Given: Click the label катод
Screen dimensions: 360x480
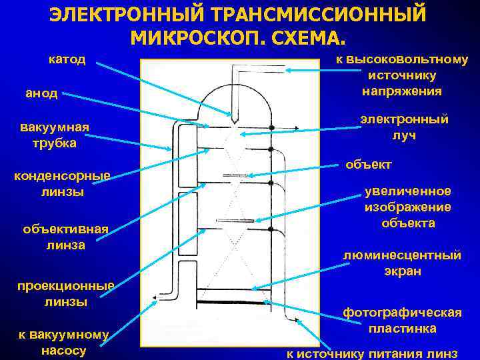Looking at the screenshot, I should [x=67, y=59].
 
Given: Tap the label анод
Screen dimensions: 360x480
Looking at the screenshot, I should [x=41, y=94].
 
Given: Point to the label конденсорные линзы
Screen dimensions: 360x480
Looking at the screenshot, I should [x=61, y=184].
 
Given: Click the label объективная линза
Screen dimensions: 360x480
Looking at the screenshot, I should [x=65, y=237].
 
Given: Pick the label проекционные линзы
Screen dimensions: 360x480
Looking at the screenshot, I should [x=65, y=293].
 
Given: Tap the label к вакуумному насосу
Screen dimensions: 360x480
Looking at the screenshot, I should [x=64, y=342].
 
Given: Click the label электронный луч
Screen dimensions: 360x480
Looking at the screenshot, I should [x=404, y=127].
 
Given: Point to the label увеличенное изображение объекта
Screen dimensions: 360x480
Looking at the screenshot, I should [x=407, y=207].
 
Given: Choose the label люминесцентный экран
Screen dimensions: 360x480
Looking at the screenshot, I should [x=401, y=263].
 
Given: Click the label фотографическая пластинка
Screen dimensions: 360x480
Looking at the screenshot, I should [x=401, y=320].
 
